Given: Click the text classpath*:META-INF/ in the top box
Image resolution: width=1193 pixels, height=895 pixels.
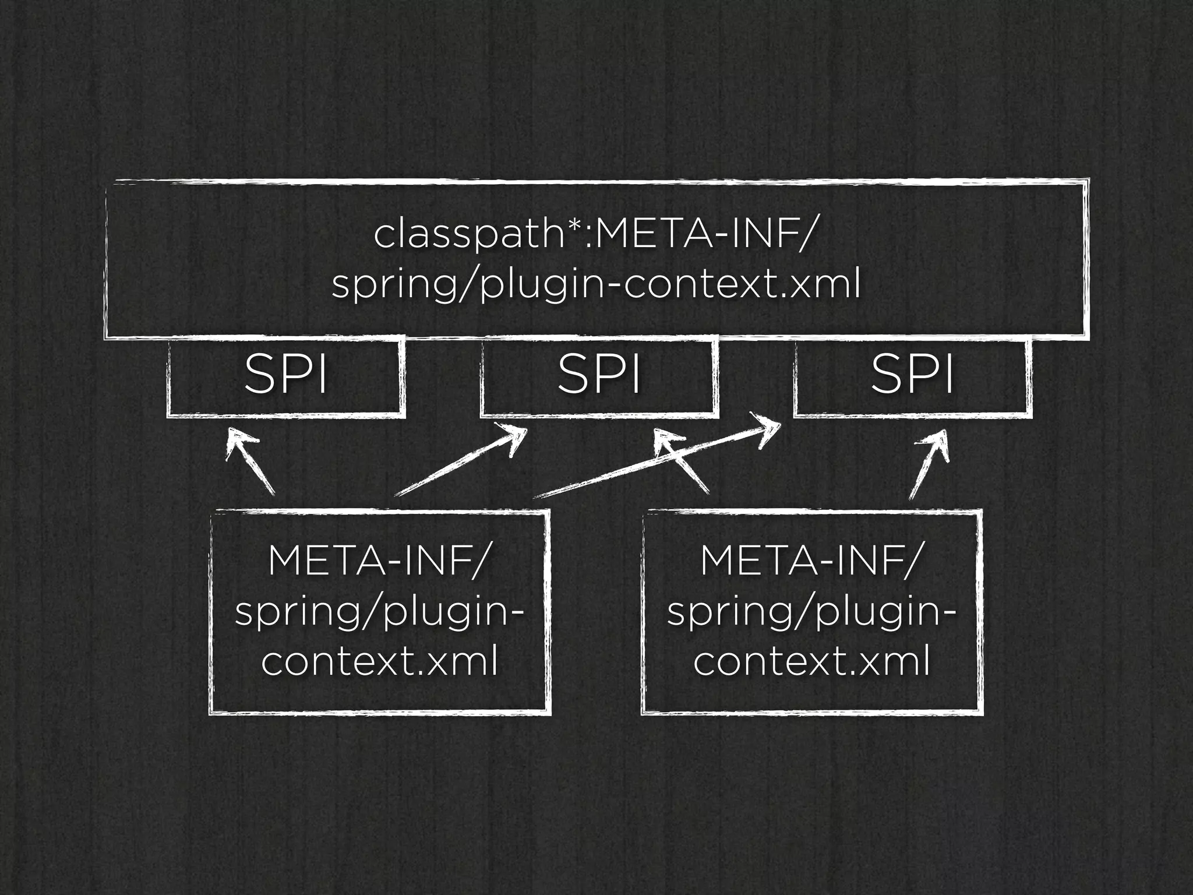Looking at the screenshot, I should point(592,234).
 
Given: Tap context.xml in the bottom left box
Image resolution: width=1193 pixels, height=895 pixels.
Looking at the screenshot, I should point(379,662).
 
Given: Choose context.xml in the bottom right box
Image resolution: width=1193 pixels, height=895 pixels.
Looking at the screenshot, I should point(811,662).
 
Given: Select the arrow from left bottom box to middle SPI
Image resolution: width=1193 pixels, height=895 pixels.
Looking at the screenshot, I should point(460,463).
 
